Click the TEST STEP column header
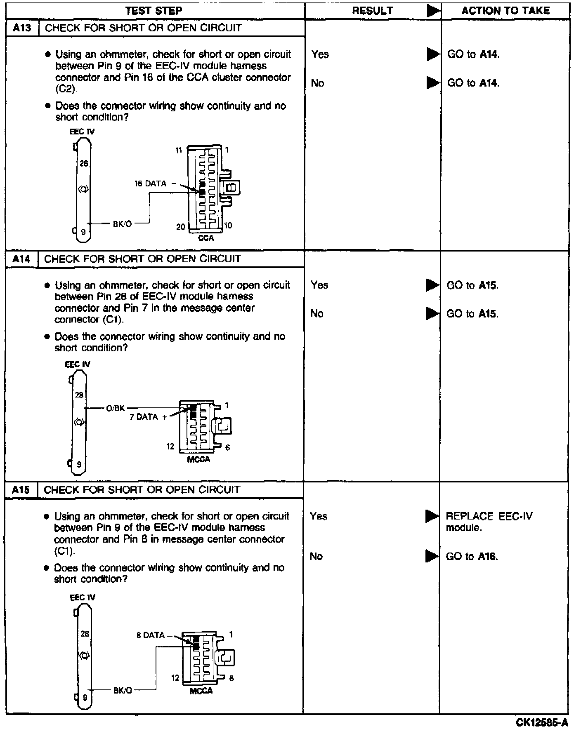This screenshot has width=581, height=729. coord(154,11)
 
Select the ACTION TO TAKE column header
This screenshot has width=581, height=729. coord(505,11)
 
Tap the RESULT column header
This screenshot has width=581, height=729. coord(372,11)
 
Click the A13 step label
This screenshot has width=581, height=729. coord(22,28)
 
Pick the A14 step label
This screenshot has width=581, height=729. coord(21,259)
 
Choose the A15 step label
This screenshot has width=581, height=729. coord(21,490)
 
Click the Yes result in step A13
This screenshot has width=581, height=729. coord(320,54)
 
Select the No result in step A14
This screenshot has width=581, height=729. coord(317,313)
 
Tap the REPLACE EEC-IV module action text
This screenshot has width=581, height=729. coord(489,522)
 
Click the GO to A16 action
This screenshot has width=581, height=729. coord(472,556)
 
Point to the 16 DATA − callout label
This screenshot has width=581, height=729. coord(154,183)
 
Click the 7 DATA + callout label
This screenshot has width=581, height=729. coord(148,417)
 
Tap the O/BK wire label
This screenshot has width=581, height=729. coord(115,408)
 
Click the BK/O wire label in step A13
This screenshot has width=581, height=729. coord(123,224)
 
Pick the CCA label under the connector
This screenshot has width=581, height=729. coord(206,238)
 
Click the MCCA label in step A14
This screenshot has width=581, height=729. coord(198,459)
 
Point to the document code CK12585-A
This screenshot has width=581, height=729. coord(542,722)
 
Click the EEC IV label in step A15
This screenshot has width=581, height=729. coord(83,597)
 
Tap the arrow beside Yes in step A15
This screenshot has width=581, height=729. coord(432,516)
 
